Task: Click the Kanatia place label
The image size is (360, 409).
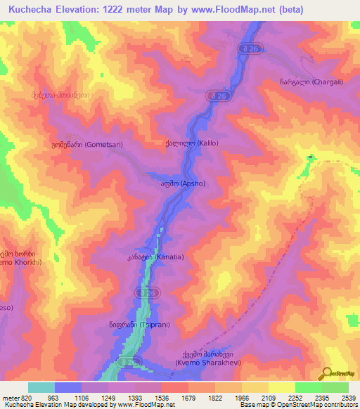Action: click(151, 257)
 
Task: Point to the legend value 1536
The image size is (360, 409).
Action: click(174, 397)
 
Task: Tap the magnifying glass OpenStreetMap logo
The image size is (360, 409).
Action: click(326, 374)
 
